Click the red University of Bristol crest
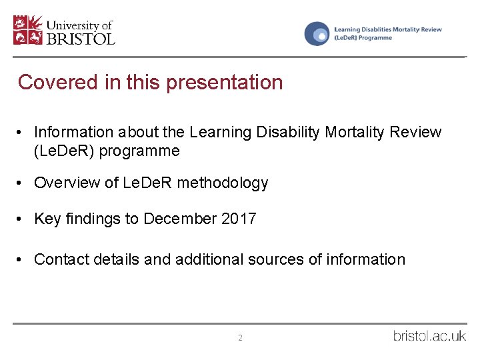(x=27, y=31)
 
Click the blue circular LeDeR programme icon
(x=317, y=33)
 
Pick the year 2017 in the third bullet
(x=239, y=219)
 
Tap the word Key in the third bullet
(x=47, y=219)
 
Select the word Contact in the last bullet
(x=61, y=259)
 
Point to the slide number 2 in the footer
(x=240, y=338)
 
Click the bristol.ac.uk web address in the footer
(x=429, y=335)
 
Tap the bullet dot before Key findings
(x=22, y=219)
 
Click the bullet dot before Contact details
(x=22, y=259)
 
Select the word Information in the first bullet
(x=73, y=132)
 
